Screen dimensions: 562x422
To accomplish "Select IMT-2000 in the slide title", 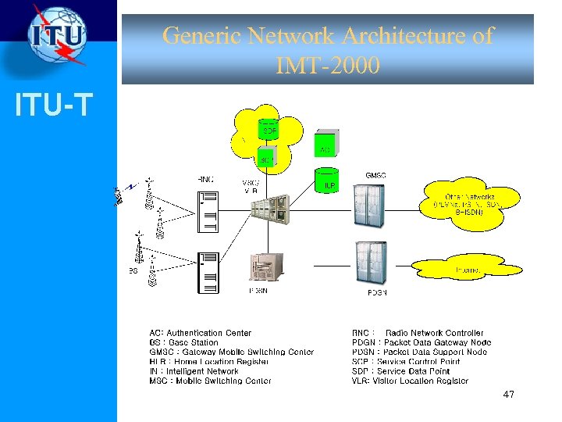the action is point(328,66).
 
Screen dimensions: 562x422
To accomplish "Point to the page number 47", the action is point(508,395).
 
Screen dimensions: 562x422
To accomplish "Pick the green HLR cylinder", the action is point(326,181).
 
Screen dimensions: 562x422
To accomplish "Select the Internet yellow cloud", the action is point(467,270).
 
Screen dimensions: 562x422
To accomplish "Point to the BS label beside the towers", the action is point(133,270).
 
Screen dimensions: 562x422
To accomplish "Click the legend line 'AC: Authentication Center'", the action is point(201,333).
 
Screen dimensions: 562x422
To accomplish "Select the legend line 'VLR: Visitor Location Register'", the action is point(411,381).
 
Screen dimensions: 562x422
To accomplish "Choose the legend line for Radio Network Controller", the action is point(418,333).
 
